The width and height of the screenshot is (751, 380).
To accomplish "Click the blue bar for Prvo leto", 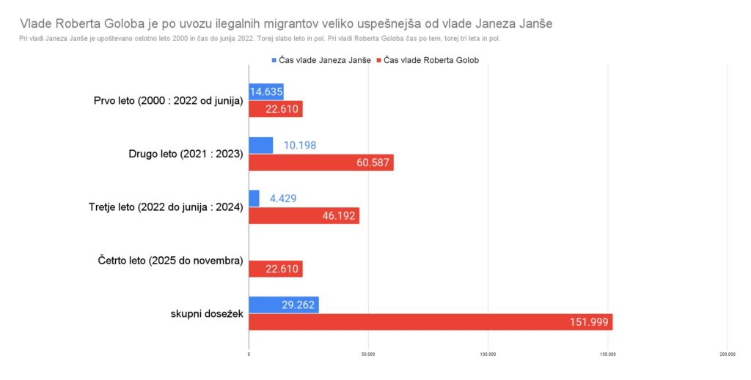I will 266,92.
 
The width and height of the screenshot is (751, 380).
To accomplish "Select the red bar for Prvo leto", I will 276,109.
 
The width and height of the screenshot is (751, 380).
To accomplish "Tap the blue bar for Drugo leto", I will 260,145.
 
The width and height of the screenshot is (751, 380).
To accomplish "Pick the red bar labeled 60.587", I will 321,163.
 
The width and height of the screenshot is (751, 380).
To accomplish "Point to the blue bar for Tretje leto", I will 254,198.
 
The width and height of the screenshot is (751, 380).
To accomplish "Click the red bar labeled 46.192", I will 304,216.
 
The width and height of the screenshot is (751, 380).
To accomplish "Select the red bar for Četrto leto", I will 276,269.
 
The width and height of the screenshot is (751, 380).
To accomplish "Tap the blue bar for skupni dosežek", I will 284,305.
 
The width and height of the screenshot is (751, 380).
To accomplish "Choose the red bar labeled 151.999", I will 431,322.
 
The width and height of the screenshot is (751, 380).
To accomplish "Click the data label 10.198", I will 300,145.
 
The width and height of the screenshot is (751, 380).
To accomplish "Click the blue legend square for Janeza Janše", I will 274,60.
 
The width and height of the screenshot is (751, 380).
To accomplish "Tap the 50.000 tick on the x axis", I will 368,354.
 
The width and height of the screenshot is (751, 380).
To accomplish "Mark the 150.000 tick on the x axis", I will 608,354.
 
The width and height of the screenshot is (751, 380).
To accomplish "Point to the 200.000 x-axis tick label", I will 727,354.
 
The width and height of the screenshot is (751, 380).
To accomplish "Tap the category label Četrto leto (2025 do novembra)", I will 170,261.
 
